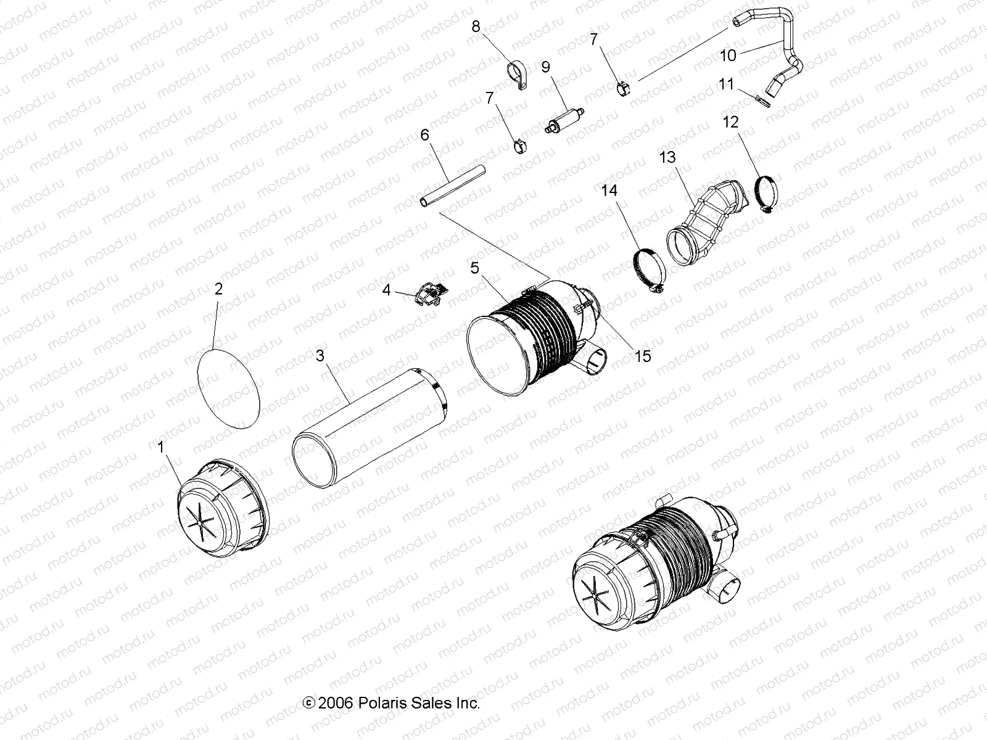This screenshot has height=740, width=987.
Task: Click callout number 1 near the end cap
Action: click(x=162, y=447)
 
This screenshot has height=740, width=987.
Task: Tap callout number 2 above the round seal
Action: click(x=218, y=289)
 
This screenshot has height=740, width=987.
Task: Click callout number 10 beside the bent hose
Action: click(x=728, y=55)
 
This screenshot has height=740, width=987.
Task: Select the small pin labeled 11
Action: click(x=761, y=99)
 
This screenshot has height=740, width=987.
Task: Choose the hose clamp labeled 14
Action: click(x=649, y=266)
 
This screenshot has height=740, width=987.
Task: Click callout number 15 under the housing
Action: click(x=643, y=356)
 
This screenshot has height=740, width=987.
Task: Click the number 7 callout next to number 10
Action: click(x=593, y=39)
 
